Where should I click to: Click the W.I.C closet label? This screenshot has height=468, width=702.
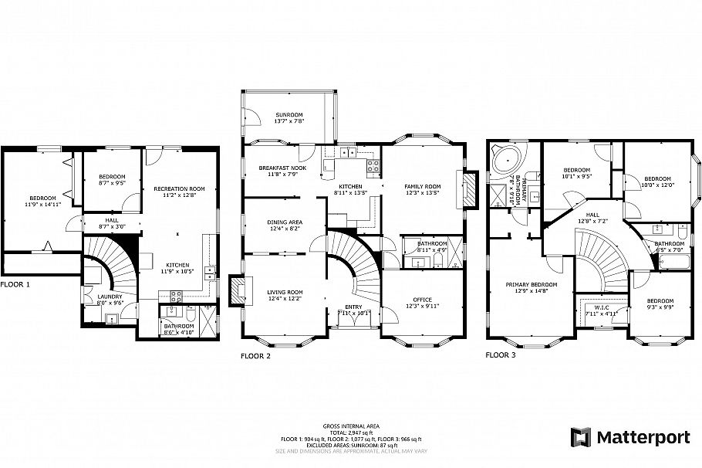tap(598, 310)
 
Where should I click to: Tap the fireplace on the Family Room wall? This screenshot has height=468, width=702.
tap(467, 188)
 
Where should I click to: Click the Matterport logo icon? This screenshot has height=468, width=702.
tap(580, 437)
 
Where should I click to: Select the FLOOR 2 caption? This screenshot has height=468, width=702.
tap(255, 356)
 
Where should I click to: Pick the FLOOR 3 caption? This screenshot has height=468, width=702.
tap(501, 356)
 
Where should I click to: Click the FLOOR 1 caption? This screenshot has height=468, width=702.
tap(15, 284)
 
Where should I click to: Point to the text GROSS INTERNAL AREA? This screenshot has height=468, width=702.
tap(350, 426)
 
